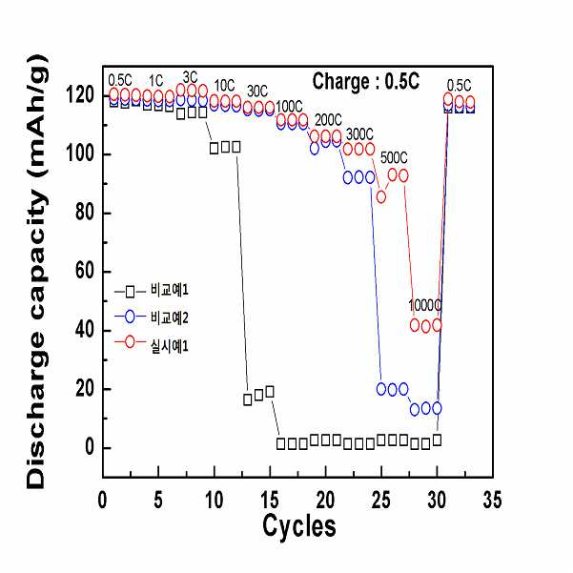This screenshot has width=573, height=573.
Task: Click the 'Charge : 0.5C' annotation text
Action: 366,81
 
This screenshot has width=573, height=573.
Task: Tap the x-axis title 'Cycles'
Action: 299,526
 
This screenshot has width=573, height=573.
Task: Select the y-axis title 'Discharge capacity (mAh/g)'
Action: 36,272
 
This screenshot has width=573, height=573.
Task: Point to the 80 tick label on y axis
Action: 86,212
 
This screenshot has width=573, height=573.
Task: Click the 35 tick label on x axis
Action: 492,500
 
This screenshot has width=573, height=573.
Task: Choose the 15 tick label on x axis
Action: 270,500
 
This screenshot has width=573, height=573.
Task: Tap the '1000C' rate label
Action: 424,305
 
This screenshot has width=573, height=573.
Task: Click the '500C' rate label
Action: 394,158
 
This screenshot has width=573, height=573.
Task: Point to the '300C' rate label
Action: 359,134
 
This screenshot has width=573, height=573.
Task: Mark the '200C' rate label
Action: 328,120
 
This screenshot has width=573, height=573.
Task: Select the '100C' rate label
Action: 289,107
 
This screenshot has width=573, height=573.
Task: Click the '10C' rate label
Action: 224,86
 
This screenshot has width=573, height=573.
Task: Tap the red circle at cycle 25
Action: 381,197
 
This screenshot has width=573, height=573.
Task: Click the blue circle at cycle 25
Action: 381,389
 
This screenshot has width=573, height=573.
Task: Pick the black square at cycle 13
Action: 247,399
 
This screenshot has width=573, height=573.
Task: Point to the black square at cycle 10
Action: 215,148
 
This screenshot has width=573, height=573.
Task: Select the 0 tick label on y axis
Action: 90,447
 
